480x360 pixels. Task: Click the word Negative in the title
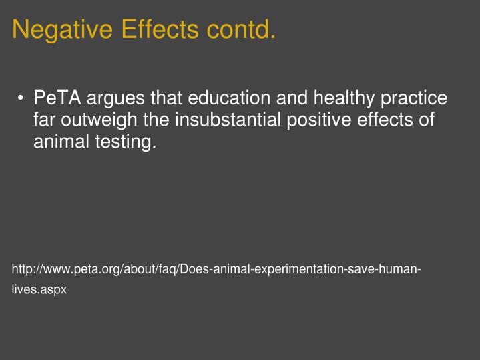tap(63, 29)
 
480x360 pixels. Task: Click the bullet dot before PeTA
tap(21, 100)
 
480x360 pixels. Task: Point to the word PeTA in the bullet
tap(57, 99)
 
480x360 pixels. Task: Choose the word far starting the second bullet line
tap(44, 120)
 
